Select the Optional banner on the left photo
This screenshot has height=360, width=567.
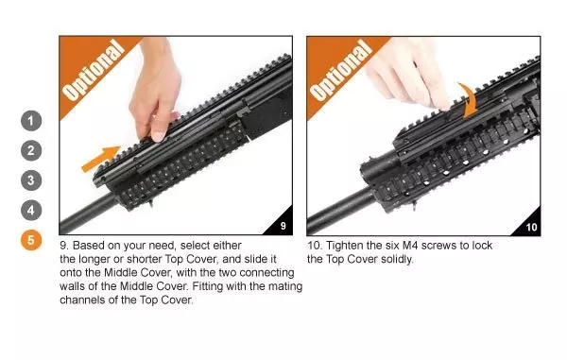(92, 72)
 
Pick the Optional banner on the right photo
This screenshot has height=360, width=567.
(337, 72)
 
